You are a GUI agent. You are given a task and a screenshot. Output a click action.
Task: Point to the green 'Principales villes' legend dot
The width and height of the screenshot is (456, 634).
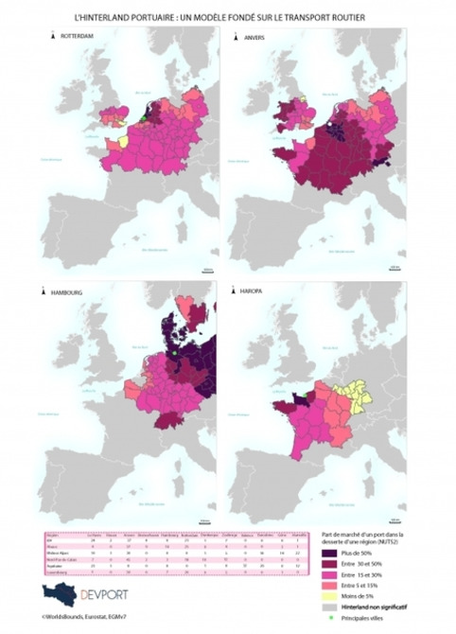point(329,623)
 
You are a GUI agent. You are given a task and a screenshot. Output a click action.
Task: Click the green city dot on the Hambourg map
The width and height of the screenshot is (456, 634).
point(174,354)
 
